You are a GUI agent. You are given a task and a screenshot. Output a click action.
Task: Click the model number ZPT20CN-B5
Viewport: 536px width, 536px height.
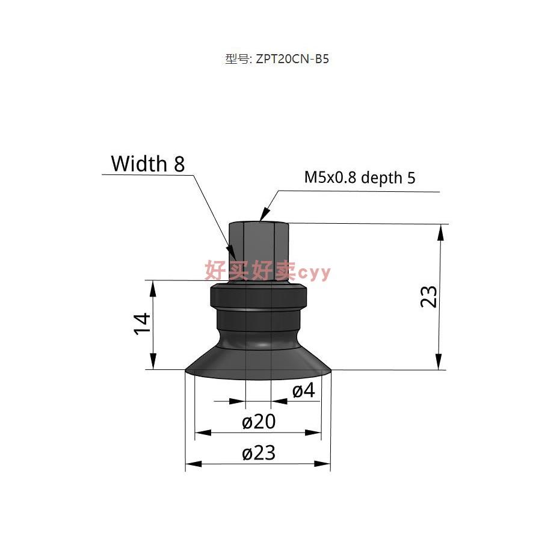(x=292, y=59)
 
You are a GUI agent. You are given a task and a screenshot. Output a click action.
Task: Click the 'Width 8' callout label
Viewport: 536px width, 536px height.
(x=147, y=164)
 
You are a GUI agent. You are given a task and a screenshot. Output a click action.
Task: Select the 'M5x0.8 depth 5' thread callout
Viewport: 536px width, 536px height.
(x=360, y=177)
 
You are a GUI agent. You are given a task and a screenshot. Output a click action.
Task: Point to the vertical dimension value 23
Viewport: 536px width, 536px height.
(x=428, y=296)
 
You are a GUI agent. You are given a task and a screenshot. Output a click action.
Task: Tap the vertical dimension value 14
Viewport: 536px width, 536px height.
(x=143, y=325)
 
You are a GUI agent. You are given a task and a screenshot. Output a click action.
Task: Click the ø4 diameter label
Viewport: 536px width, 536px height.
(x=304, y=391)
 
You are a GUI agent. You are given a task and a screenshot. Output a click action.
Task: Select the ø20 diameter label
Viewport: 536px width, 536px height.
(x=259, y=422)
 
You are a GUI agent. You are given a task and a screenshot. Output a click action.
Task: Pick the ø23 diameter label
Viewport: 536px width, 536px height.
(x=259, y=453)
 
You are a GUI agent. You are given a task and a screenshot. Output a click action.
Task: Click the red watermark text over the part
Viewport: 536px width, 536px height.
(x=267, y=271)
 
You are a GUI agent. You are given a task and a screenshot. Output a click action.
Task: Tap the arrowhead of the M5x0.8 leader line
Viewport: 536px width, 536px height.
(x=262, y=218)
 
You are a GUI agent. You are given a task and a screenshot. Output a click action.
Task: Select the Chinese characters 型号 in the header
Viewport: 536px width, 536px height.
(x=235, y=59)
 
